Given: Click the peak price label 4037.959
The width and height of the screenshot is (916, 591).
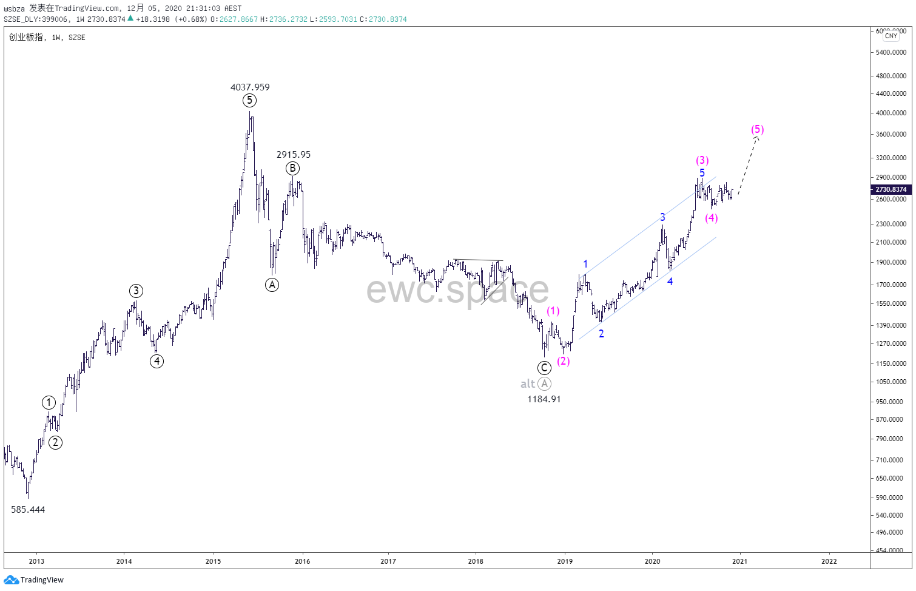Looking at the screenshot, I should pyautogui.click(x=250, y=87).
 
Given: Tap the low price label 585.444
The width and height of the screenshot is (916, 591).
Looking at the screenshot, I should pyautogui.click(x=28, y=510).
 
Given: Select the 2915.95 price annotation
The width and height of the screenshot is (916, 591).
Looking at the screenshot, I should pyautogui.click(x=294, y=155).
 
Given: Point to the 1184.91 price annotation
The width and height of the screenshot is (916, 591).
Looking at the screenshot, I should pyautogui.click(x=544, y=399).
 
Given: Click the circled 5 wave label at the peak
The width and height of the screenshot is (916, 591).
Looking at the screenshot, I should pyautogui.click(x=249, y=101).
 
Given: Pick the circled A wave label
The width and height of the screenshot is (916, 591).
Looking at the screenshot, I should pyautogui.click(x=272, y=285).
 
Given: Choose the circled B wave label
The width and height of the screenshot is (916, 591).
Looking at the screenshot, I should pyautogui.click(x=292, y=168).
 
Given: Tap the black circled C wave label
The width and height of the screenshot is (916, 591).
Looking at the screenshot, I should pyautogui.click(x=544, y=368).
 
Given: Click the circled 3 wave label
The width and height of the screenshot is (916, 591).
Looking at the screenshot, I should pyautogui.click(x=136, y=291).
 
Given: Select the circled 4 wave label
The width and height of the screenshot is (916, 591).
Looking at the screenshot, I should pyautogui.click(x=157, y=361).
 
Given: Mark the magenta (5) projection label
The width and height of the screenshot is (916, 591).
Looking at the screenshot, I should pyautogui.click(x=757, y=129).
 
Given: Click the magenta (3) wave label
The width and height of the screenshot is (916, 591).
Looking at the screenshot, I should pyautogui.click(x=702, y=160).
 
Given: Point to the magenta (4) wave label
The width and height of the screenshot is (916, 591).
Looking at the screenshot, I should pyautogui.click(x=712, y=218).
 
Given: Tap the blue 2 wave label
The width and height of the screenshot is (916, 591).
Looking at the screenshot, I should pyautogui.click(x=601, y=334).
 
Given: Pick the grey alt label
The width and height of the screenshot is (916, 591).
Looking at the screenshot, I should pyautogui.click(x=528, y=383).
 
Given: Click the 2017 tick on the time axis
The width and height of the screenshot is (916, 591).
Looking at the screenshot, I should pyautogui.click(x=388, y=561).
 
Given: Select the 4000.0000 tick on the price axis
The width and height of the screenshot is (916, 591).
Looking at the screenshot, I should pyautogui.click(x=891, y=113).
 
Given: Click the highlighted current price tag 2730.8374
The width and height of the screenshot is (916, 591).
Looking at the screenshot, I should pyautogui.click(x=891, y=189).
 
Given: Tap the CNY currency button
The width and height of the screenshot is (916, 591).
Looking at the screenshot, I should pyautogui.click(x=891, y=36).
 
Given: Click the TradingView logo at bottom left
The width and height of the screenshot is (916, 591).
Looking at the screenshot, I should pyautogui.click(x=34, y=580).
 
